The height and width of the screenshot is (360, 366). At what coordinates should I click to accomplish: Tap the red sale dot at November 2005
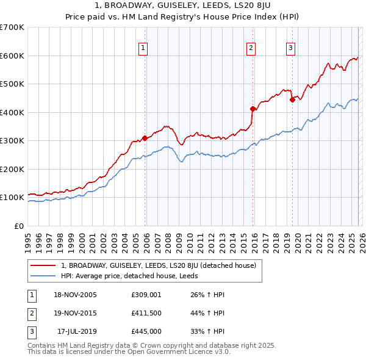click(145, 138)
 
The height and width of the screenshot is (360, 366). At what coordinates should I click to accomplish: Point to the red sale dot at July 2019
click(292, 99)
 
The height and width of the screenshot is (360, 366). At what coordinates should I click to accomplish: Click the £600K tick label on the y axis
click(12, 56)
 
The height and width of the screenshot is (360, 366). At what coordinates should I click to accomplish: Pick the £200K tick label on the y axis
click(12, 169)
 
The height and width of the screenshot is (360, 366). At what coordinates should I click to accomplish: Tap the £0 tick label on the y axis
click(18, 226)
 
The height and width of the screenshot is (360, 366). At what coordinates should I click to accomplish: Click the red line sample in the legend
click(43, 265)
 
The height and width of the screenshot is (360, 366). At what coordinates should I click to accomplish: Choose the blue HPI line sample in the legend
click(43, 276)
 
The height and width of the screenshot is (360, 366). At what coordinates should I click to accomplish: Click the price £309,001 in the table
click(145, 295)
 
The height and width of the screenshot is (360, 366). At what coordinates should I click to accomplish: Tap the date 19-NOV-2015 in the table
click(76, 313)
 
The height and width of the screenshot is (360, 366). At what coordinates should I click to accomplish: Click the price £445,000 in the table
click(145, 331)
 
